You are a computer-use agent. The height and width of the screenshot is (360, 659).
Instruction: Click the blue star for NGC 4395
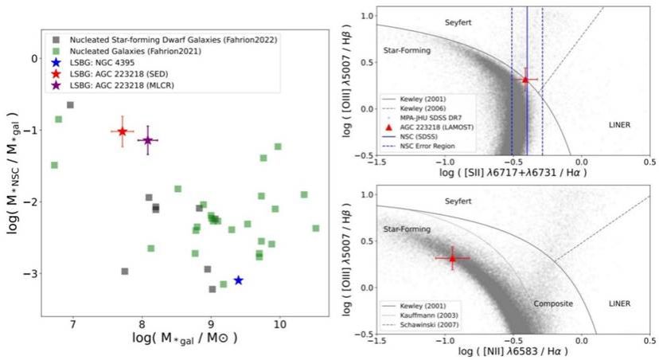tap(238, 280)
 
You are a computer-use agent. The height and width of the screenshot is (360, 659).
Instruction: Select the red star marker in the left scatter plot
tap(122, 131)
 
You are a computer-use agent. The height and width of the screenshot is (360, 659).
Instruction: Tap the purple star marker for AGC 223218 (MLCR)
tap(148, 140)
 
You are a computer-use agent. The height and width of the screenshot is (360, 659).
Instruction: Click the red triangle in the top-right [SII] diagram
tap(525, 79)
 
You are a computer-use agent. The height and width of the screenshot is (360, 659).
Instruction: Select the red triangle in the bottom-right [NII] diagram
tap(452, 258)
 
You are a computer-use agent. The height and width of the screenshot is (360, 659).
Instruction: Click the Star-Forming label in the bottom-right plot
tap(407, 229)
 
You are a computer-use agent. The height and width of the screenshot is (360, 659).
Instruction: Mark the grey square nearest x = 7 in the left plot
tap(70, 105)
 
